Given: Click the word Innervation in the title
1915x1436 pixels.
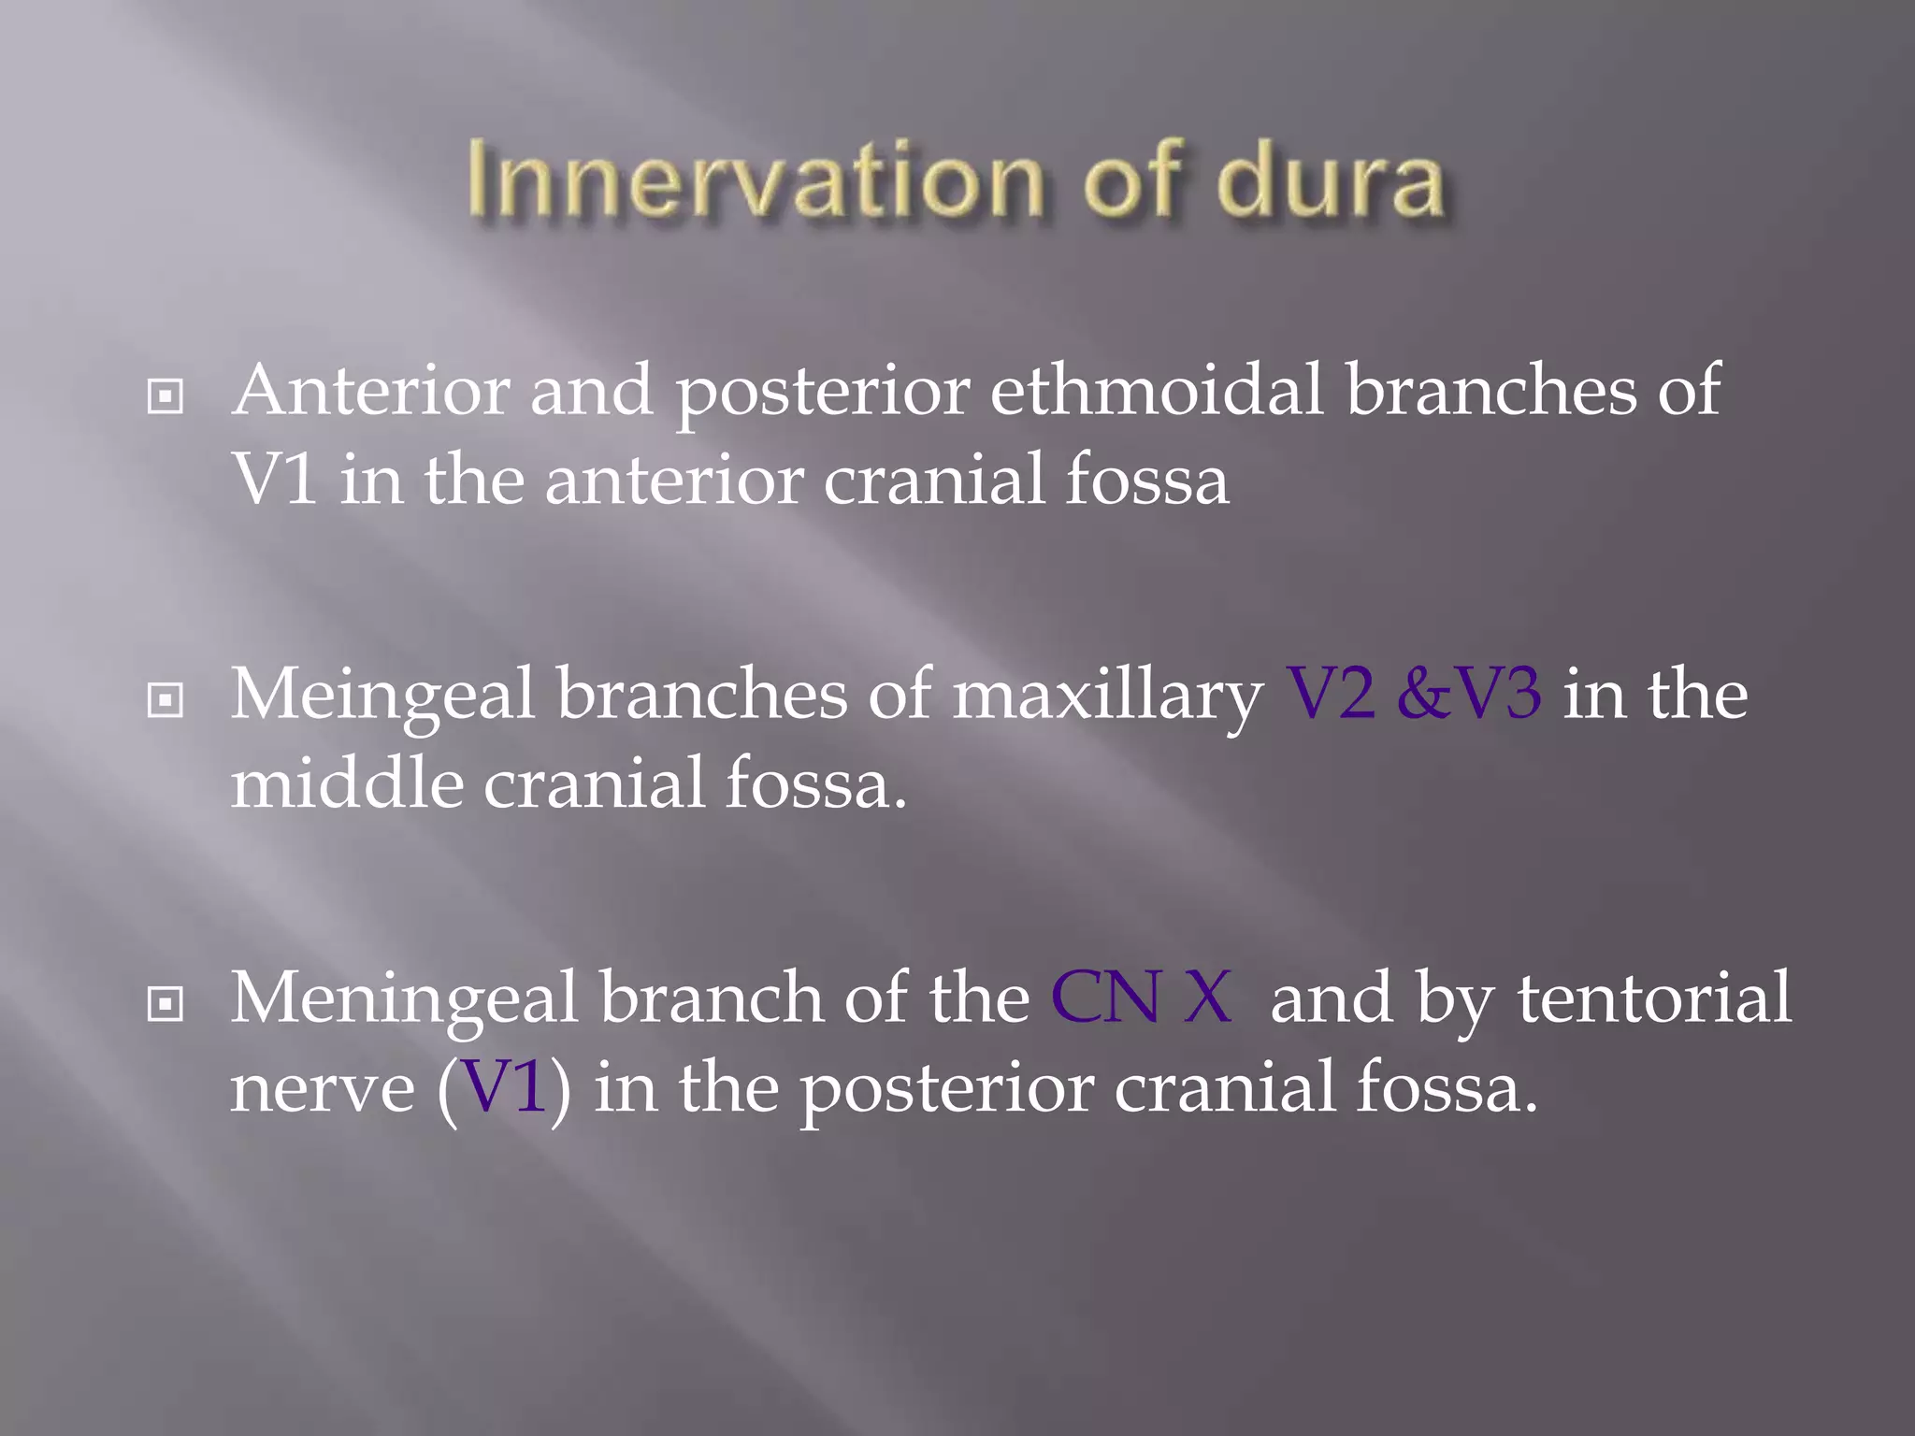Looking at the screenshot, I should (754, 181).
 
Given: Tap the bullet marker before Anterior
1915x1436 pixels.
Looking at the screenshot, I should (166, 396).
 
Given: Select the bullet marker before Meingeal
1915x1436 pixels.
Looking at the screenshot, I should (166, 700).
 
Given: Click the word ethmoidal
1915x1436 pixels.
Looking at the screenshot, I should (1156, 391).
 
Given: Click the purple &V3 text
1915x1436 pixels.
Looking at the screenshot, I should (1468, 695).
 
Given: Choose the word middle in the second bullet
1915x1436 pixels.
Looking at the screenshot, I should (347, 783).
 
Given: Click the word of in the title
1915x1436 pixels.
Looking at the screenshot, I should (1137, 181).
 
